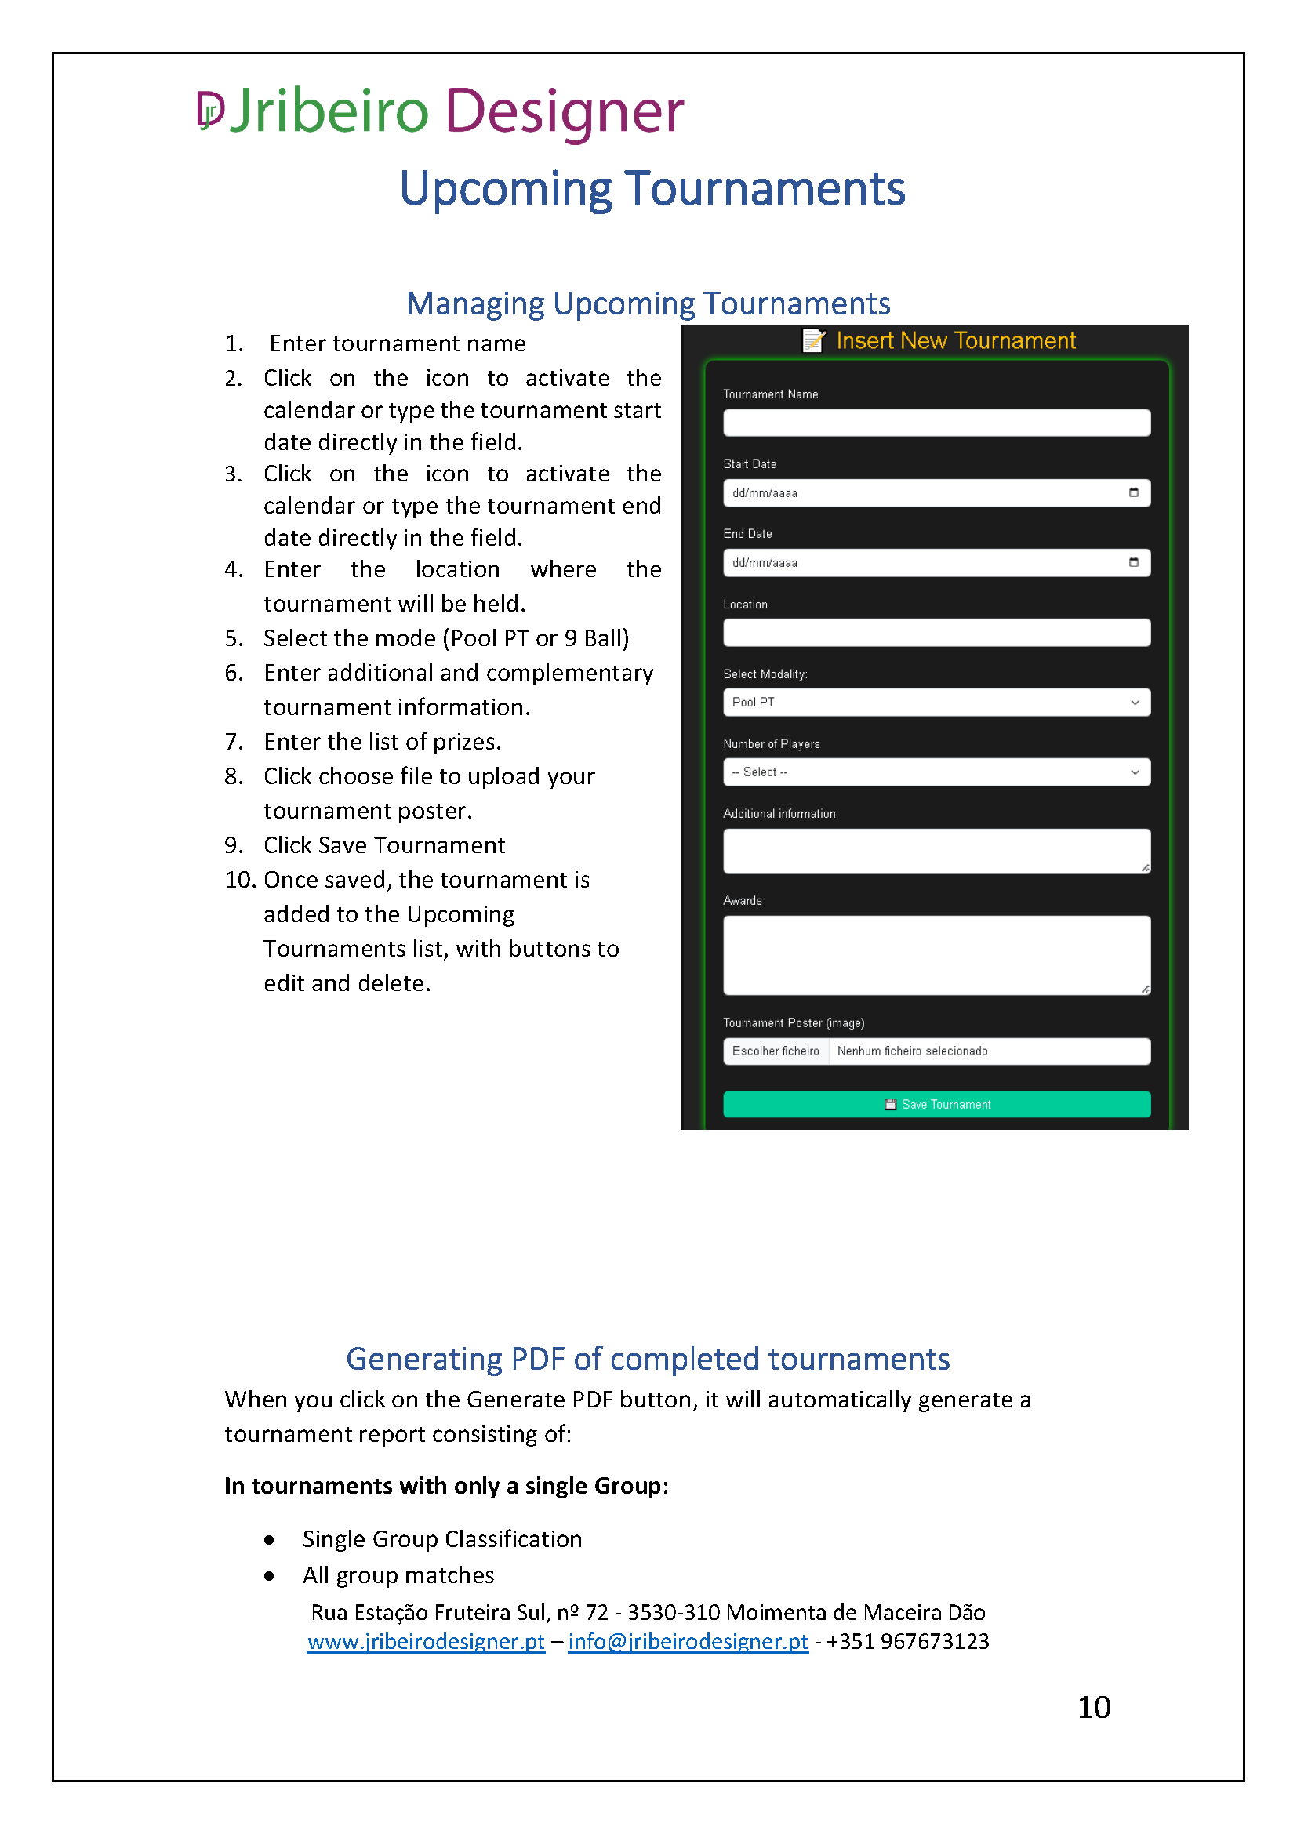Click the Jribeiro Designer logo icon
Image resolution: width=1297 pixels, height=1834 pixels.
click(210, 111)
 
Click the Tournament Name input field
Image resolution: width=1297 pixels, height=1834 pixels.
click(936, 423)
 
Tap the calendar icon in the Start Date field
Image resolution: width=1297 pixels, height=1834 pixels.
click(1133, 493)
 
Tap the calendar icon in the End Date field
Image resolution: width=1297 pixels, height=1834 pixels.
click(1133, 562)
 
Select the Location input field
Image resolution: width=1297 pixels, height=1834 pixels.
click(936, 633)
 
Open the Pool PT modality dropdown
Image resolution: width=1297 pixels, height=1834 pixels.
click(936, 702)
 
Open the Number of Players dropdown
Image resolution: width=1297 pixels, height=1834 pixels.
click(936, 772)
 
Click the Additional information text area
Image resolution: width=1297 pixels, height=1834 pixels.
click(936, 851)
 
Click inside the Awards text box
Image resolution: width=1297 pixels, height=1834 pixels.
click(936, 954)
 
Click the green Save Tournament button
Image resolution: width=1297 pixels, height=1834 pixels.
click(936, 1104)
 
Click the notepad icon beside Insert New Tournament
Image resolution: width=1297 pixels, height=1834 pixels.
click(813, 341)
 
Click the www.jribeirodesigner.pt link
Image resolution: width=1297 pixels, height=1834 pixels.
click(426, 1641)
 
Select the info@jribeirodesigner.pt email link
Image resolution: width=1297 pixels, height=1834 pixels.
click(688, 1641)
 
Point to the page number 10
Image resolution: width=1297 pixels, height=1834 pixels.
click(1093, 1708)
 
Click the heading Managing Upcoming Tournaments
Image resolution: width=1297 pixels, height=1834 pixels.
click(648, 304)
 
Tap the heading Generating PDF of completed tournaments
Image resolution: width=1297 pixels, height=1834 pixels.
click(648, 1359)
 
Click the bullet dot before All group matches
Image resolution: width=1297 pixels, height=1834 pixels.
click(269, 1576)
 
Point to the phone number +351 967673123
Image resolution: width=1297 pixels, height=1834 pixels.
click(907, 1641)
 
